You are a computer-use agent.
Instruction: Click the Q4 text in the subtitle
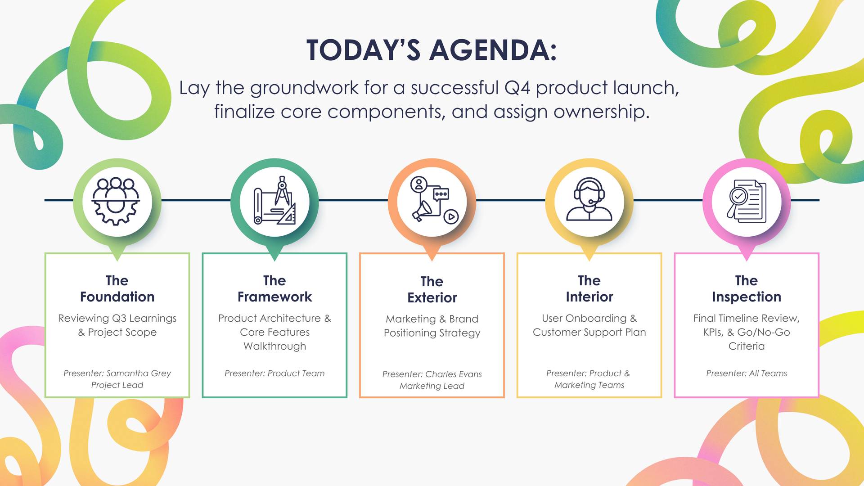pyautogui.click(x=517, y=88)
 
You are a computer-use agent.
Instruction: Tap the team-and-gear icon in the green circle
pyautogui.click(x=117, y=201)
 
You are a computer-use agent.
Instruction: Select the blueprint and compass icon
pyautogui.click(x=274, y=201)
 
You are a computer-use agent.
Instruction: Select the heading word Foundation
pyautogui.click(x=117, y=297)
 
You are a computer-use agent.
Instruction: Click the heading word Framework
pyautogui.click(x=274, y=297)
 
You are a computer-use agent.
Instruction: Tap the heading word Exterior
pyautogui.click(x=432, y=298)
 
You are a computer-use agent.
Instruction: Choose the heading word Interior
pyautogui.click(x=589, y=297)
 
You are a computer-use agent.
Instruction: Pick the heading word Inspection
pyautogui.click(x=746, y=297)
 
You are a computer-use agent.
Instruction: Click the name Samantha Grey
pyautogui.click(x=139, y=373)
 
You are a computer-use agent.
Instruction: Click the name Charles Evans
pyautogui.click(x=453, y=374)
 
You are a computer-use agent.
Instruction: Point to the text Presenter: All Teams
pyautogui.click(x=746, y=373)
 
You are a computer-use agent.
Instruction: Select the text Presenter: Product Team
pyautogui.click(x=274, y=373)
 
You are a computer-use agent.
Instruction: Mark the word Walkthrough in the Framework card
pyautogui.click(x=274, y=346)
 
